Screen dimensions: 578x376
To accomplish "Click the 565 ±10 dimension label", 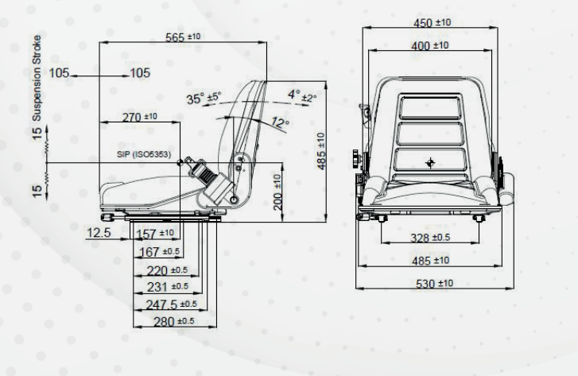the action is pyautogui.click(x=183, y=37).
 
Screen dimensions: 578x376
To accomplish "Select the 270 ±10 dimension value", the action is pyautogui.click(x=140, y=117).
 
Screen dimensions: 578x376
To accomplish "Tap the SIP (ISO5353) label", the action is pyautogui.click(x=144, y=154).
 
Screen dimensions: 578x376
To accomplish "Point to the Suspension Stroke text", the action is pyautogui.click(x=37, y=78).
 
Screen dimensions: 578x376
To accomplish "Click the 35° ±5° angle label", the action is pyautogui.click(x=204, y=99).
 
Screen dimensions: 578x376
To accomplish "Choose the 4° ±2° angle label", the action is pyautogui.click(x=302, y=96).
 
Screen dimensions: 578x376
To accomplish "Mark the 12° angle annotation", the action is pyautogui.click(x=281, y=122).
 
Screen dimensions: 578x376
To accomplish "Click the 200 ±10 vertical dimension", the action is pyautogui.click(x=277, y=192).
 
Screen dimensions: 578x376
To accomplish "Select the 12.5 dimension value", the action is pyautogui.click(x=99, y=233).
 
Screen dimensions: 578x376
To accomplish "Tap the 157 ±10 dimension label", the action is pyautogui.click(x=155, y=234).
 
